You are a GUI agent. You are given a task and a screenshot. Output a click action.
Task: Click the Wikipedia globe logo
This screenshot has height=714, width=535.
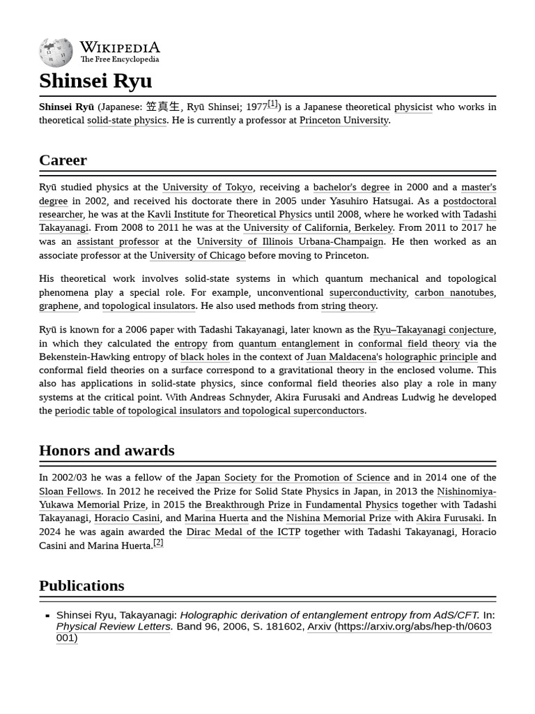(56, 52)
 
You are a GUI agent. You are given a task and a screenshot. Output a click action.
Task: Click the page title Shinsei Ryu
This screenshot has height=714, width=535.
(95, 81)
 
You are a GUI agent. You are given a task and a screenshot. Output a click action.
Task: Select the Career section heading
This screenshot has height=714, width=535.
(63, 160)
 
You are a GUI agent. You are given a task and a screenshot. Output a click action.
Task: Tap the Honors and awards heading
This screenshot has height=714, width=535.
(107, 450)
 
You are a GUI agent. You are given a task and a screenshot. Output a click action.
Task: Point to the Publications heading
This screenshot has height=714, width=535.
(82, 586)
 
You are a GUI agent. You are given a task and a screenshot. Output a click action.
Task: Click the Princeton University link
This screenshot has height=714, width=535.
(343, 120)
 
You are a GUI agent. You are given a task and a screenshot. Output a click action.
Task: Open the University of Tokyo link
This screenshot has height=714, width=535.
(208, 187)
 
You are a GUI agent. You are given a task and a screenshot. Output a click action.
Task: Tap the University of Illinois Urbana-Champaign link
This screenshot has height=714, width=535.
(290, 241)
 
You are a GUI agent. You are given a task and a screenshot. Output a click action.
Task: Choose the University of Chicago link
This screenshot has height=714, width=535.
(197, 255)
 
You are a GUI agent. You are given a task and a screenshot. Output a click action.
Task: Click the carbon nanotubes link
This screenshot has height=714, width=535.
(453, 292)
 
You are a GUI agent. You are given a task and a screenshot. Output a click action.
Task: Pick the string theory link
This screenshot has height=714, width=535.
(348, 305)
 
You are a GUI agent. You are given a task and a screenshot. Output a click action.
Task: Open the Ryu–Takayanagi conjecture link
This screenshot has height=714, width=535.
(433, 330)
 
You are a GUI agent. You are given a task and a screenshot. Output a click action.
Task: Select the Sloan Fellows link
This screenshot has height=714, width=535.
(70, 491)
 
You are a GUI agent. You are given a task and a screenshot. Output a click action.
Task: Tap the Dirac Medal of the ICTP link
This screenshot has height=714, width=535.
(243, 531)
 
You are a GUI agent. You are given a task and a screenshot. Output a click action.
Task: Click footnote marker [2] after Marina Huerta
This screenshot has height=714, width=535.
(158, 542)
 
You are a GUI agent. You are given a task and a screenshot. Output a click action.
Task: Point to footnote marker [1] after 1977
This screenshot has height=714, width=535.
(272, 104)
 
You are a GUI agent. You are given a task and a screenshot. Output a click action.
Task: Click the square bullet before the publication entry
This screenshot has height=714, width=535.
(47, 616)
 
